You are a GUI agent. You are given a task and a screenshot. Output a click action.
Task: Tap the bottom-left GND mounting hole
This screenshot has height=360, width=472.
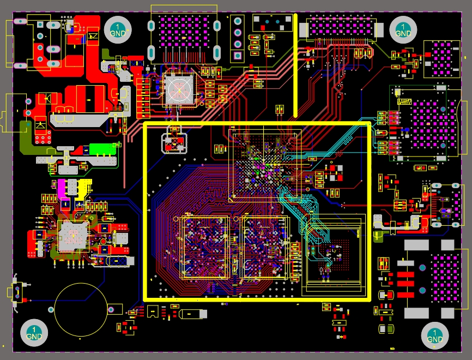(x=33, y=333)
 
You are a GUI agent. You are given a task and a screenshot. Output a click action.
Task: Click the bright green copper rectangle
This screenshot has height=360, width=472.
(x=103, y=149)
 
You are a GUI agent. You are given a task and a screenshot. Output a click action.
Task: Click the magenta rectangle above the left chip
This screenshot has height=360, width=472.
(x=62, y=188)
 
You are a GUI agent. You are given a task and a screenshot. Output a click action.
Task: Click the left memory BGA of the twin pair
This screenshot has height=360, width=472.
(x=204, y=247)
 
